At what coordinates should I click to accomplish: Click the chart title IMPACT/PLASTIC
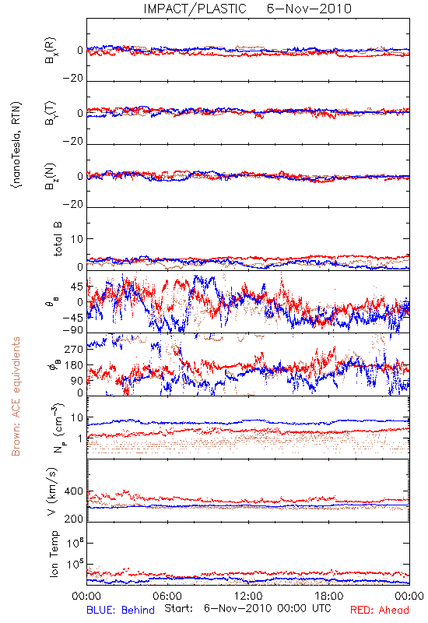click(195, 9)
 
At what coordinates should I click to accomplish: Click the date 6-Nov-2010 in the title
click(309, 9)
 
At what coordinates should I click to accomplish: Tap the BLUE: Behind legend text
click(121, 610)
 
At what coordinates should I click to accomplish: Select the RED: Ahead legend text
click(380, 610)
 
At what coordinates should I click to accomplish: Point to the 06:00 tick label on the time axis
click(167, 596)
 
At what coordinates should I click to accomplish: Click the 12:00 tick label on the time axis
click(248, 596)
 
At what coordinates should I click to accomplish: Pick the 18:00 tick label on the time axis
click(329, 596)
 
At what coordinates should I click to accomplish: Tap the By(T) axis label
click(51, 113)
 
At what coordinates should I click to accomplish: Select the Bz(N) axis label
click(51, 176)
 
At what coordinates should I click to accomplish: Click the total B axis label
click(57, 239)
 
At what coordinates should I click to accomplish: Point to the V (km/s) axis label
click(52, 491)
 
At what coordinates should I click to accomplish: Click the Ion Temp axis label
click(54, 554)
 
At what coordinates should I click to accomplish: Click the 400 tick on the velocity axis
click(74, 491)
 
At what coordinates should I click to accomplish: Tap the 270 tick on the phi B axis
click(74, 349)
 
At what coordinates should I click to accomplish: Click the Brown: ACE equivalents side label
click(16, 396)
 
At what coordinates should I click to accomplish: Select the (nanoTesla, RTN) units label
click(16, 145)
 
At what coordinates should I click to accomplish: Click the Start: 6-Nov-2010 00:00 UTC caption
click(247, 608)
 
